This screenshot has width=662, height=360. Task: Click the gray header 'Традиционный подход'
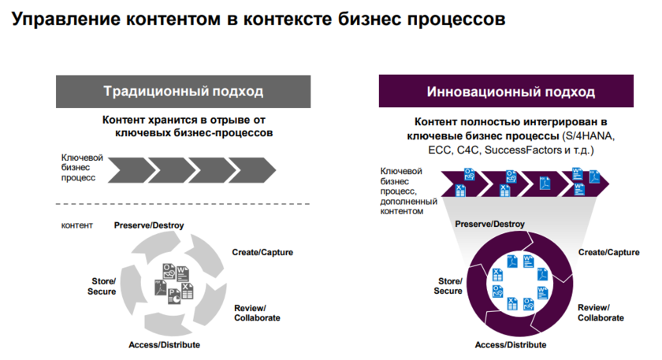(x=183, y=91)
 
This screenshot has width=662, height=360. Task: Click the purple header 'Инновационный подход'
(x=511, y=91)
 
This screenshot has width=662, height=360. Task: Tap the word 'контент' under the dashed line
(x=77, y=225)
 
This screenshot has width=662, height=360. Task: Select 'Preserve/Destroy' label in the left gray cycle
(x=149, y=225)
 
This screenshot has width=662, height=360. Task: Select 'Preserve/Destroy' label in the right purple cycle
(x=490, y=225)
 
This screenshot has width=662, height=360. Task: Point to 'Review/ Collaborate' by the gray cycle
(x=257, y=313)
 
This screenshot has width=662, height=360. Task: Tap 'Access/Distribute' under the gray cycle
(x=164, y=345)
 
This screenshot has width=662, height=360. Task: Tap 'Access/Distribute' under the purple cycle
(x=510, y=345)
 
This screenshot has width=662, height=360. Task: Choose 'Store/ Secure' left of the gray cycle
(x=102, y=286)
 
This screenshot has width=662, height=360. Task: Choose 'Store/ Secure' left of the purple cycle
(x=448, y=286)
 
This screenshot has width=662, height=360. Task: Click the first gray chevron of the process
(x=126, y=168)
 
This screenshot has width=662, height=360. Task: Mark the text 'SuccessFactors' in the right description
(x=523, y=149)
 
